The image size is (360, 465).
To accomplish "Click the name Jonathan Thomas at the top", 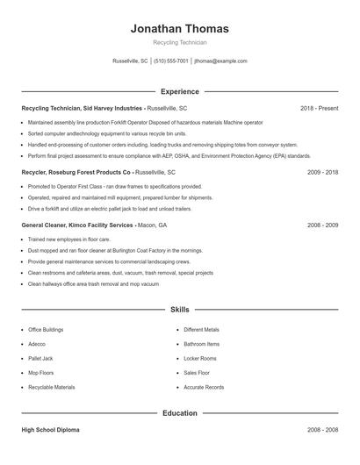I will tap(179, 28).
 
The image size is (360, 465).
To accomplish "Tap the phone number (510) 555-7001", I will tap(171, 61).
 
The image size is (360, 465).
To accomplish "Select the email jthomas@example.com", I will tap(220, 61).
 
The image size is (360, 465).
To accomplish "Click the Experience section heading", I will tap(179, 91).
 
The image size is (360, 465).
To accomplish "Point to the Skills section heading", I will tap(179, 310).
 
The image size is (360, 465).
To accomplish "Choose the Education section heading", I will tap(179, 412).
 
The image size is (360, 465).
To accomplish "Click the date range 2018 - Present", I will tap(319, 108).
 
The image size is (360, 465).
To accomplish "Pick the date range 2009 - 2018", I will tap(322, 173).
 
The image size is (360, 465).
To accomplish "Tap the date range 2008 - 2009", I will tap(322, 225).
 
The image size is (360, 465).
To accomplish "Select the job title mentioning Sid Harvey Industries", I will tap(83, 108).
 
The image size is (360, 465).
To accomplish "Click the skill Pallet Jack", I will tap(40, 358).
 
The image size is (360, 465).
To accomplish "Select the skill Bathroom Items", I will tap(201, 344).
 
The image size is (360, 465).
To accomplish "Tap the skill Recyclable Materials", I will tap(51, 387).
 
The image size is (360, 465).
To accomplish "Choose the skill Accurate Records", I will tap(204, 387).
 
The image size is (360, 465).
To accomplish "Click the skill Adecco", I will tap(36, 344).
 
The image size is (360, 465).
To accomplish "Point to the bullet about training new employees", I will tap(68, 239).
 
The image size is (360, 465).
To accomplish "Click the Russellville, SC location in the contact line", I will tap(130, 61).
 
